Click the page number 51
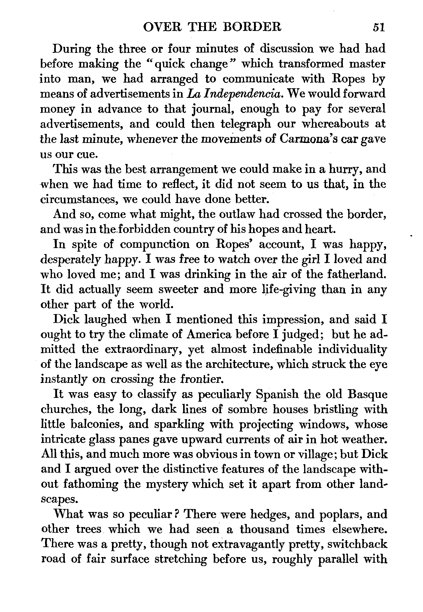379,28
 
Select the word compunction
155,244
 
